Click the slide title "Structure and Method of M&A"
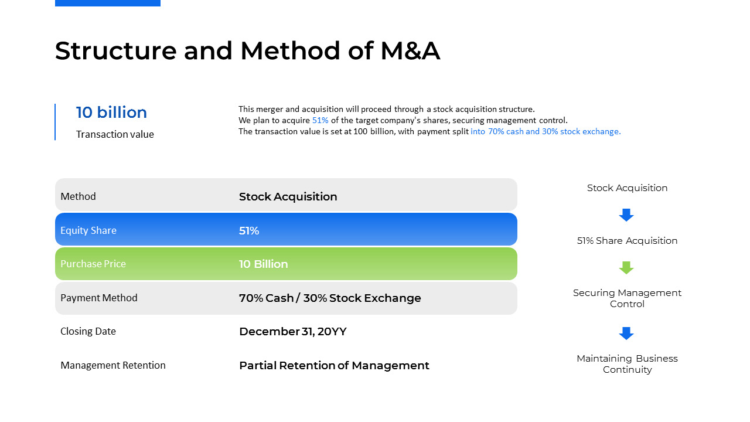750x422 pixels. point(247,50)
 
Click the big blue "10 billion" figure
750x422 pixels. point(111,112)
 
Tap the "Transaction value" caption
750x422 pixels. point(115,134)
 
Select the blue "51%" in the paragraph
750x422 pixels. point(320,120)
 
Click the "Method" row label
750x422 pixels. point(78,196)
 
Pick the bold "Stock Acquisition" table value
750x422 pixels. point(288,196)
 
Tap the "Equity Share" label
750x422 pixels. point(88,230)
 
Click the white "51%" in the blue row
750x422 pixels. point(249,230)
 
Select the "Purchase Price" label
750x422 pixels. point(93,264)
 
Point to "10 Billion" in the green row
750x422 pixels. point(264,264)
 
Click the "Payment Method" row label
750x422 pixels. point(99,298)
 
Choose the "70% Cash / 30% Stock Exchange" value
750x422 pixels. point(330,298)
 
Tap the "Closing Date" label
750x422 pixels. point(88,331)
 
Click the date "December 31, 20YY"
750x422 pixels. point(293,332)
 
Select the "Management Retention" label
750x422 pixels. point(113,365)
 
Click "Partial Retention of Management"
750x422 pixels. point(334,365)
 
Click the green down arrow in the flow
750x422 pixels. point(626,268)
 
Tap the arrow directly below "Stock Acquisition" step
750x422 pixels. point(626,215)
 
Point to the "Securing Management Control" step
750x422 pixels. point(627,298)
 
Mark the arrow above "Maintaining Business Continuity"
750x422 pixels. point(626,333)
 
